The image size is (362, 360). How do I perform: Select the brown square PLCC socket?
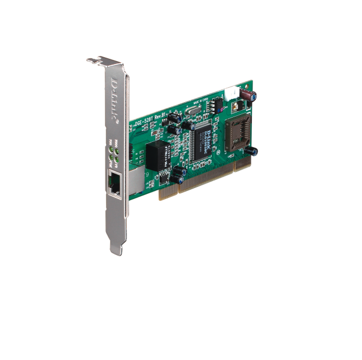pyautogui.click(x=237, y=132)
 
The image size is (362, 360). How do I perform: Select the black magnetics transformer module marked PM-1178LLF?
pyautogui.click(x=156, y=154)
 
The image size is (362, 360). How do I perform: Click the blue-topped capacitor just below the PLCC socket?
pyautogui.click(x=252, y=151)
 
